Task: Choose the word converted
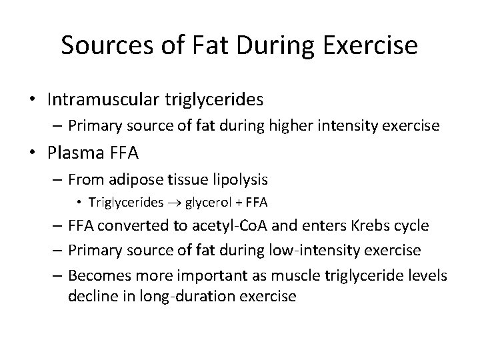tap(127, 226)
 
